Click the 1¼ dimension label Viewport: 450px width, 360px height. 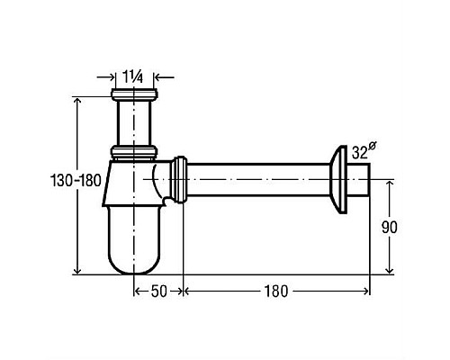tap(133, 77)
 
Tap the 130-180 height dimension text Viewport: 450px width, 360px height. tap(76, 181)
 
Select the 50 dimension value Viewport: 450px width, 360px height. tap(158, 292)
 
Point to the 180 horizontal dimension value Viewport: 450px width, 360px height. tap(275, 292)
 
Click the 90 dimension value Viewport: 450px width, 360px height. tap(390, 227)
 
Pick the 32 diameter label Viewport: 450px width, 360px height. tap(364, 151)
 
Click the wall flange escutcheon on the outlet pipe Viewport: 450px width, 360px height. tap(339, 179)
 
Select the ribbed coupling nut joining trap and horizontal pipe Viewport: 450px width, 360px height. tap(179, 180)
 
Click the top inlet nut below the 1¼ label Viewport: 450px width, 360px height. tap(134, 94)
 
